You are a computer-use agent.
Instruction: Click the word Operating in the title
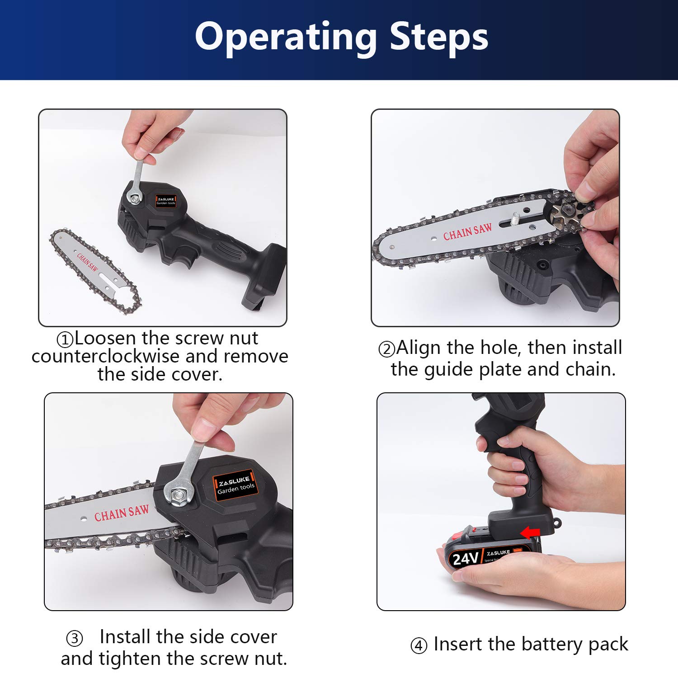coord(286,37)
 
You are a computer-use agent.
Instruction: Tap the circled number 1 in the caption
coord(65,339)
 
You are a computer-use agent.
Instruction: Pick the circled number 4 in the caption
coord(419,645)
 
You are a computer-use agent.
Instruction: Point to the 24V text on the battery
coord(465,559)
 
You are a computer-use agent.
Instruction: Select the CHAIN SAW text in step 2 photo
coord(467,232)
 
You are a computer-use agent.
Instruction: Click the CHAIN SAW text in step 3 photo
coord(121,513)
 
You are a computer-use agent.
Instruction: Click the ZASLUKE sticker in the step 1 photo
coord(165,201)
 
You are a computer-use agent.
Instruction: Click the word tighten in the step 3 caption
coord(130,659)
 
